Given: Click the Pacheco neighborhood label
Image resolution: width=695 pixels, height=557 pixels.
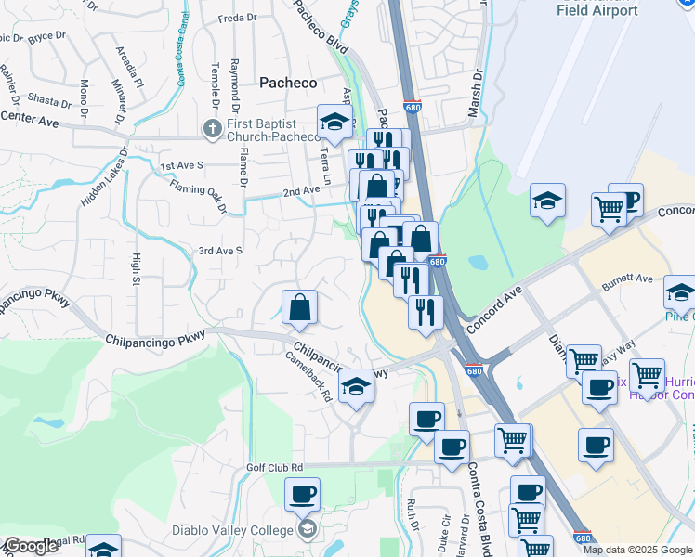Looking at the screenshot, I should click(288, 83).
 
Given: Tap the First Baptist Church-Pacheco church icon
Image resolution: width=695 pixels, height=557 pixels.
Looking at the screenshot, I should click(212, 127).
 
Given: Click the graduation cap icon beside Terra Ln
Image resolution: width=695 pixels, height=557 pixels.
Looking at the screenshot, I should click(334, 123).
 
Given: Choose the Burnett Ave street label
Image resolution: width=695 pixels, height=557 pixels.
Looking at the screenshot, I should click(631, 278).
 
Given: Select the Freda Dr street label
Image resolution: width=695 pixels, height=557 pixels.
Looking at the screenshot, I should click(236, 18).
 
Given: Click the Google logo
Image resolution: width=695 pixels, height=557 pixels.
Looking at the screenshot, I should click(31, 546).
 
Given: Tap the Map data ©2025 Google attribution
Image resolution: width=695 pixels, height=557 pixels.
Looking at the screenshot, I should click(638, 550).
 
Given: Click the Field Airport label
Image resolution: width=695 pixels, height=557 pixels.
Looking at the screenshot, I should click(597, 11).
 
